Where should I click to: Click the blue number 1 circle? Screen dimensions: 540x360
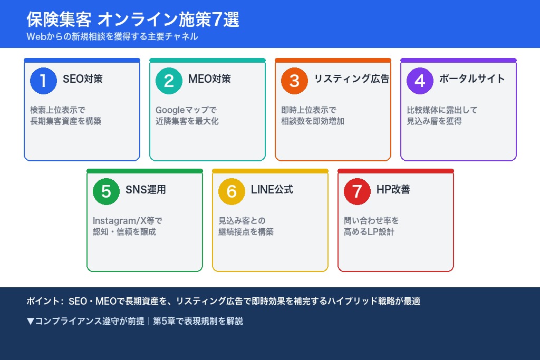point(43,81)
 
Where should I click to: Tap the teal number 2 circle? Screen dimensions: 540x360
point(169,81)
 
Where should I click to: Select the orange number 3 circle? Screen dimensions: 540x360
point(294,81)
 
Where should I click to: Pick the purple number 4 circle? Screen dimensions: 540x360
point(420,81)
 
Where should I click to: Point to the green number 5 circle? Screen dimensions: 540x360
point(106,191)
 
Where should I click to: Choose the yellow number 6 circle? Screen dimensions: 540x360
point(232,191)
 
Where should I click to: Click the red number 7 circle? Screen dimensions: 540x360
point(357,191)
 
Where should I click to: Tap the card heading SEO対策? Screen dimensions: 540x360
point(83,79)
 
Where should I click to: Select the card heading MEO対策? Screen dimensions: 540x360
point(209,79)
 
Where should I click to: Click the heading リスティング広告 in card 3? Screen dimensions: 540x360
point(351,79)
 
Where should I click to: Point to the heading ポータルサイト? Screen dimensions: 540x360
point(472,79)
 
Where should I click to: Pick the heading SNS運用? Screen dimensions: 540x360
point(146,190)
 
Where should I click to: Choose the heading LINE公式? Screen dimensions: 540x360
point(272,190)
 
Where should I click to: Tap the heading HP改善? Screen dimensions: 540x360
point(393,190)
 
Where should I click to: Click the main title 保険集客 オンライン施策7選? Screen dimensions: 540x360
point(133,20)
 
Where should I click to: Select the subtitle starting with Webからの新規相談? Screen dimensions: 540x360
point(112,36)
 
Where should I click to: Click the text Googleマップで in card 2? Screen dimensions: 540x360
point(186,110)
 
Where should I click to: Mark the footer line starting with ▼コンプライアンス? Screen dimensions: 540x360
point(134,321)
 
